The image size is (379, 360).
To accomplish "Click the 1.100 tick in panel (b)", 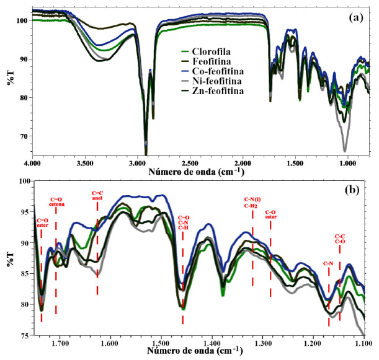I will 363,342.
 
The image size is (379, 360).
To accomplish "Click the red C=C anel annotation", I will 97,195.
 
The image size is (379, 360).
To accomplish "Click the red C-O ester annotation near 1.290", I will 270,214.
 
